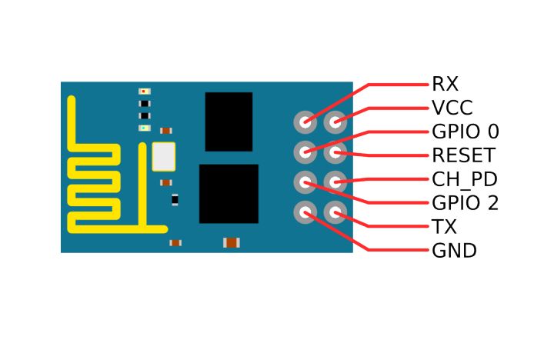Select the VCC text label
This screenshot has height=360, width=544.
(x=452, y=108)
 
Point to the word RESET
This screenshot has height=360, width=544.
(x=462, y=155)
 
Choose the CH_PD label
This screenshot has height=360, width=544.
(x=464, y=179)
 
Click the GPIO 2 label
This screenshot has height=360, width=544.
(x=465, y=203)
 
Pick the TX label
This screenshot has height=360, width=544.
(x=444, y=227)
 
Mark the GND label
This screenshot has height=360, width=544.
(x=454, y=251)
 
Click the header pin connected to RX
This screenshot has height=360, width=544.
(x=305, y=122)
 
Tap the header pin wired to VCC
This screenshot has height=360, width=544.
(x=335, y=122)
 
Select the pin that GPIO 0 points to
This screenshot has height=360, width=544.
(x=305, y=152)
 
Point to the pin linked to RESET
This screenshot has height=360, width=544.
(x=335, y=152)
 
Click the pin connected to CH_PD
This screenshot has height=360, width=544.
(x=335, y=182)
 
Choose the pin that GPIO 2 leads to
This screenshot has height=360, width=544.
(x=305, y=182)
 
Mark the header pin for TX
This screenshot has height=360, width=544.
(x=335, y=212)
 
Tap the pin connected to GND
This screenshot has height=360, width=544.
(x=305, y=212)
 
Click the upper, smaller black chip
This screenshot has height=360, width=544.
(x=229, y=122)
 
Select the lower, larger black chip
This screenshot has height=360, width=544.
(x=229, y=193)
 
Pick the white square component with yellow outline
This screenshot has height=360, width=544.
(x=163, y=156)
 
